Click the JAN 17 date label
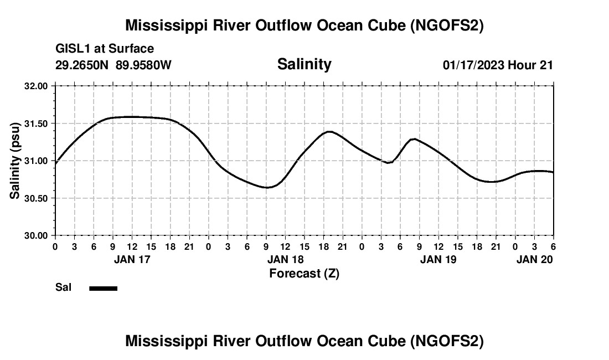click(x=132, y=259)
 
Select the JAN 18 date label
click(x=286, y=259)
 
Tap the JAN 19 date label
click(x=438, y=259)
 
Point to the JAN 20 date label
click(x=535, y=259)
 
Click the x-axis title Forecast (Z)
click(x=304, y=273)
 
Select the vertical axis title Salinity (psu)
click(x=15, y=161)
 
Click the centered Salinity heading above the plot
click(x=304, y=64)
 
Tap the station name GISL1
click(x=74, y=49)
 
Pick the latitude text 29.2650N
click(x=82, y=65)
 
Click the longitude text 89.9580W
click(x=144, y=65)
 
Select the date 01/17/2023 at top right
click(x=473, y=65)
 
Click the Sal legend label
click(x=63, y=287)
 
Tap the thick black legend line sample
click(x=104, y=288)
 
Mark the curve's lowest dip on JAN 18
click(x=267, y=188)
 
